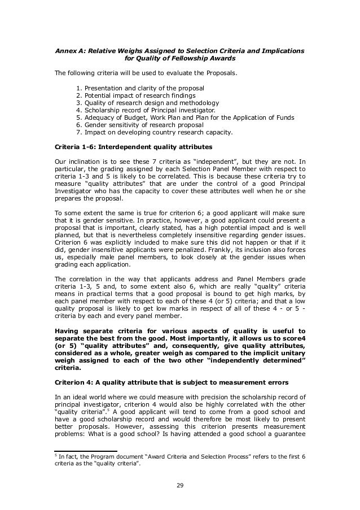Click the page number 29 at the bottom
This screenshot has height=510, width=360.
179,484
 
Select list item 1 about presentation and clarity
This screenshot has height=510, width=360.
141,89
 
